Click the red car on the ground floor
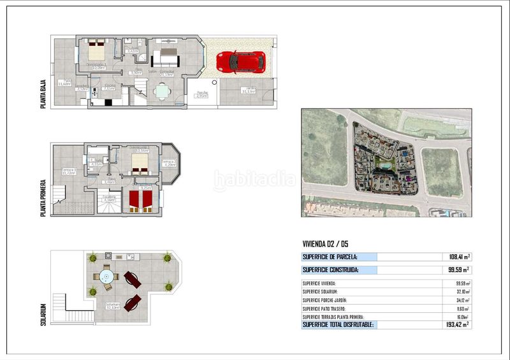pyautogui.click(x=240, y=62)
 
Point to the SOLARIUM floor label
pyautogui.click(x=43, y=313)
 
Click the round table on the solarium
pyautogui.click(x=106, y=278)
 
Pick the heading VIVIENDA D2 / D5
pyautogui.click(x=325, y=243)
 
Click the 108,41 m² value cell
pyautogui.click(x=458, y=257)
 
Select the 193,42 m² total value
pyautogui.click(x=458, y=325)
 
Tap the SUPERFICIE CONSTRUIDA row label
pyautogui.click(x=330, y=270)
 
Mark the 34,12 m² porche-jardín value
pyautogui.click(x=462, y=300)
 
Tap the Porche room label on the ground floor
pyautogui.click(x=202, y=94)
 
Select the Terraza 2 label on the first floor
pyautogui.click(x=169, y=162)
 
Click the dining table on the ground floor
pyautogui.click(x=163, y=90)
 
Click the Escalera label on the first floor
pyautogui.click(x=110, y=198)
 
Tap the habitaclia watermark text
pyautogui.click(x=255, y=180)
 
